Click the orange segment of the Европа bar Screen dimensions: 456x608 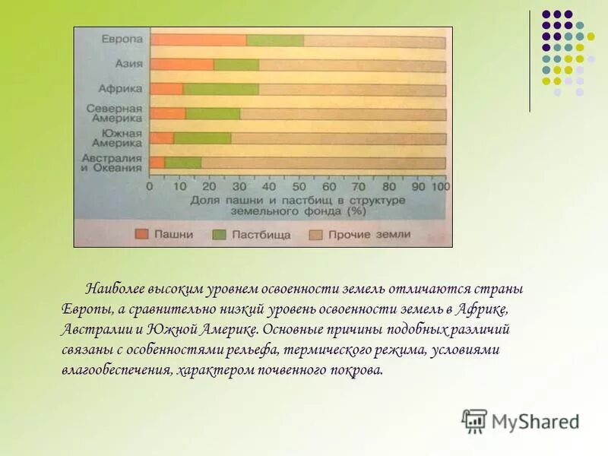(198, 40)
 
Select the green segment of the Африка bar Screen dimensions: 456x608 (220, 90)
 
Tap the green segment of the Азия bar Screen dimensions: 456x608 (236, 65)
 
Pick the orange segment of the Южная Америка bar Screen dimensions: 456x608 (162, 138)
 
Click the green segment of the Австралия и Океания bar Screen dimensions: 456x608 (182, 163)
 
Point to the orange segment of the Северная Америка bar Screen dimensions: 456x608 (168, 114)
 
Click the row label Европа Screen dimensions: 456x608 (122, 39)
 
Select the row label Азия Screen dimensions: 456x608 (128, 64)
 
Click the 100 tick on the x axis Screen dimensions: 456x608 (441, 186)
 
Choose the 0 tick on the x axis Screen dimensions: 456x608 (150, 186)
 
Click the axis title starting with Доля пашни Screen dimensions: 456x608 (296, 204)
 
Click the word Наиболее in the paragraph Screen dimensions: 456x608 (116, 290)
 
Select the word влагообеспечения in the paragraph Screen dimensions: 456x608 (116, 371)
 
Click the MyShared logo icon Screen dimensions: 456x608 (474, 420)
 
